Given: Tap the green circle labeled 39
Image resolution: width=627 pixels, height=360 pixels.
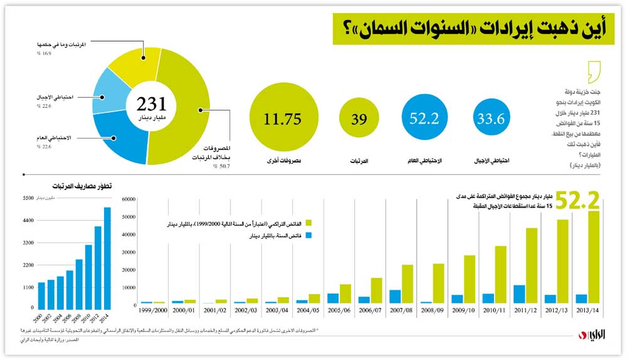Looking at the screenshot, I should [359, 119].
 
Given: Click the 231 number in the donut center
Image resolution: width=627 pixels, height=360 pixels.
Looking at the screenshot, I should [150, 103].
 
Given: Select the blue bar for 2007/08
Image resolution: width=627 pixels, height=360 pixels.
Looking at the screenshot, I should [394, 296].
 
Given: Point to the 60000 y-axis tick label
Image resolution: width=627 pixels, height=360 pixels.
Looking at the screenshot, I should [127, 199].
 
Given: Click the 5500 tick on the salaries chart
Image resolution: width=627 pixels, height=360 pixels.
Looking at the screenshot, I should [28, 198].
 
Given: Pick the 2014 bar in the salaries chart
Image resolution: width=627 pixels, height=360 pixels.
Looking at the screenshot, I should [107, 257].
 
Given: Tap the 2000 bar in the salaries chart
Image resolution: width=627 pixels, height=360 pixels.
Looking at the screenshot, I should [41, 294].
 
